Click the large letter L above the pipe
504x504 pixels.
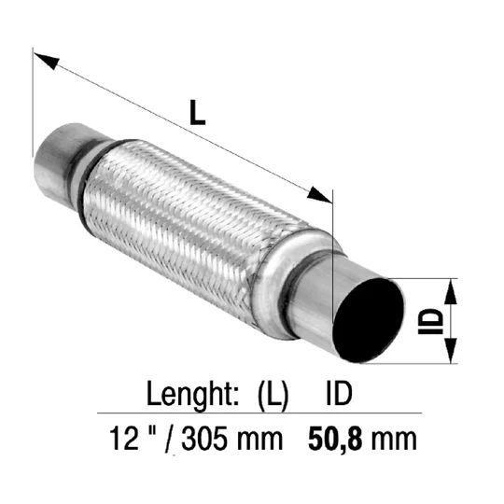click(x=197, y=112)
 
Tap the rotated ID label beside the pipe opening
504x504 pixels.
click(x=430, y=321)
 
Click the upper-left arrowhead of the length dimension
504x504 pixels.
click(x=47, y=61)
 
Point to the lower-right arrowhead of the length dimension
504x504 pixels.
click(x=319, y=195)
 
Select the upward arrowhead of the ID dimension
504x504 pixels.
click(x=450, y=291)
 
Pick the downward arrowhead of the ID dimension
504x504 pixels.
click(x=451, y=351)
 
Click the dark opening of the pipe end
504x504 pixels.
click(x=369, y=320)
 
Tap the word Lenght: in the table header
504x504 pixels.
click(x=192, y=394)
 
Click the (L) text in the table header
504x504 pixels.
click(x=273, y=395)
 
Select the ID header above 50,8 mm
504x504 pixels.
click(x=339, y=393)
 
